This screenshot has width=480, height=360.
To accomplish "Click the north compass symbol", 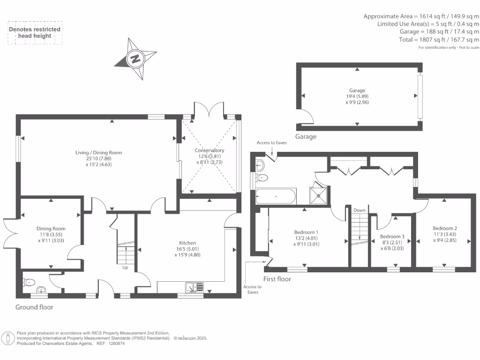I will (136, 59).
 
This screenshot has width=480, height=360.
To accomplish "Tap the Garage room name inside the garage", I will (357, 90).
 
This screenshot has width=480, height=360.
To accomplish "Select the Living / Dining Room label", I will (99, 152).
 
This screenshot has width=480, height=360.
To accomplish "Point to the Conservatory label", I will (210, 150).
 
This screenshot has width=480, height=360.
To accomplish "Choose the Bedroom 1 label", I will (307, 232).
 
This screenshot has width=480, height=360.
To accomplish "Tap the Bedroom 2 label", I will (444, 228).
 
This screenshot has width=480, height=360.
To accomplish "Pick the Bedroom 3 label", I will (392, 236).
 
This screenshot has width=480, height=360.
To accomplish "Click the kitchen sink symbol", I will (195, 286).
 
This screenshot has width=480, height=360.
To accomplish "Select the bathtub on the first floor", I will (276, 196).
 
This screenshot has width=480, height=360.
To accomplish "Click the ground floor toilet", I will (30, 282).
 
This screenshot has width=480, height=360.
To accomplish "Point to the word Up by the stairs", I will (125, 268).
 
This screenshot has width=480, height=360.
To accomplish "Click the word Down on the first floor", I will (360, 210).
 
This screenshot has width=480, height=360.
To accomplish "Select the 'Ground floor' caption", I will (34, 307).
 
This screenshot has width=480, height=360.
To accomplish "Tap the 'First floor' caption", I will (277, 279).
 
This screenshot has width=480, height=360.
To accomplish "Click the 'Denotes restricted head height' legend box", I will (35, 32).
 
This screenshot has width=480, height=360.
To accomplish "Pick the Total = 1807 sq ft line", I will (439, 40).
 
